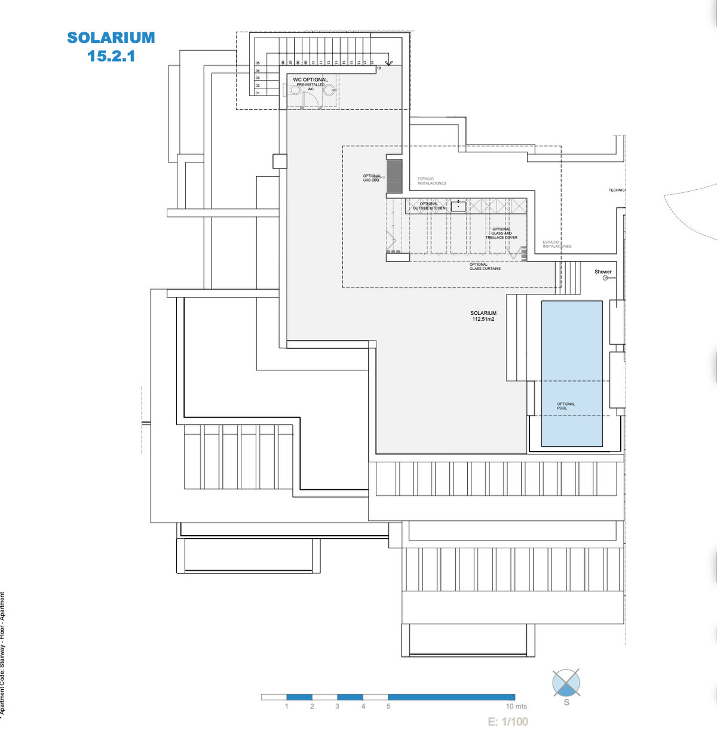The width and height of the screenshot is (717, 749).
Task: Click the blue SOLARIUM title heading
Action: pyautogui.click(x=111, y=38)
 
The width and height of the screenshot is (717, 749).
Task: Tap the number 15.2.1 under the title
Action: pyautogui.click(x=111, y=56)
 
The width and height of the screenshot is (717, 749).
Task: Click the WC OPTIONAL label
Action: pyautogui.click(x=310, y=79)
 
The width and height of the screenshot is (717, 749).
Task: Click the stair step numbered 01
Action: pyautogui.click(x=258, y=93)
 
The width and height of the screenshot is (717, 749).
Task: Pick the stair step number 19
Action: pyautogui.click(x=379, y=68)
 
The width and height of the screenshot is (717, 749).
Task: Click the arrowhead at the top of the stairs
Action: pyautogui.click(x=388, y=63)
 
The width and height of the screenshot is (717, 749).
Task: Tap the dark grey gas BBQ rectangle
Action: pyautogui.click(x=394, y=176)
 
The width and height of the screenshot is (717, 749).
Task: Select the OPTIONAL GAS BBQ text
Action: pyautogui.click(x=371, y=178)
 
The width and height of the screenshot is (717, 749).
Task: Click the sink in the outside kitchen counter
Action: pyautogui.click(x=458, y=206)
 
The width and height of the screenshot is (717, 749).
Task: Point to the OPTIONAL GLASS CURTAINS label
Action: pyautogui.click(x=485, y=266)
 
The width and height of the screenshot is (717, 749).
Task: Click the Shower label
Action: pyautogui.click(x=603, y=272)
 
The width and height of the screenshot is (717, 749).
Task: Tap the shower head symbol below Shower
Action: pyautogui.click(x=605, y=278)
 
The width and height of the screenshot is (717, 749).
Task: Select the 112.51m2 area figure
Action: pyautogui.click(x=483, y=319)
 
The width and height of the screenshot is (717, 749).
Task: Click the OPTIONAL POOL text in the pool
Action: pyautogui.click(x=565, y=406)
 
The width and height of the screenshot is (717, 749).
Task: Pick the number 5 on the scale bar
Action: pyautogui.click(x=388, y=707)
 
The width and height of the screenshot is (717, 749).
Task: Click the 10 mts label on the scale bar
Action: pyautogui.click(x=516, y=707)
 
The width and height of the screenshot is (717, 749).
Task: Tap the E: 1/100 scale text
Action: pyautogui.click(x=508, y=722)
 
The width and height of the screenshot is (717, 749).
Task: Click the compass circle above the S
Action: pyautogui.click(x=566, y=683)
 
